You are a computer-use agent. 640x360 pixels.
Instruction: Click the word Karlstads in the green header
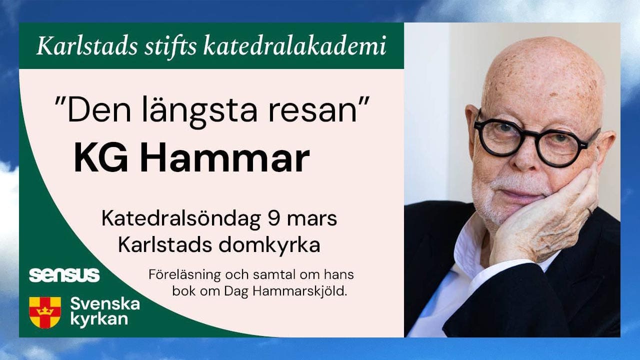pos(87,45)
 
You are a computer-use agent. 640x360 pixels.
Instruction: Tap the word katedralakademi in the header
pos(294,45)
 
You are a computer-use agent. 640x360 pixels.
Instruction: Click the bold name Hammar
pos(225,159)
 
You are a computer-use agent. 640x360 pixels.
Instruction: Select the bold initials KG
pos(101,159)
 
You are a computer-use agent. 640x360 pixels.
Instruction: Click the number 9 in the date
pos(273,218)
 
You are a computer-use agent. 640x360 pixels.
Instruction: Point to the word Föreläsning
pos(185,275)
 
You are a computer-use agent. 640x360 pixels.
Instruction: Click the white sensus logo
pos(64,275)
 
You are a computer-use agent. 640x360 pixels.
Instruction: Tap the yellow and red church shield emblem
pos(45,312)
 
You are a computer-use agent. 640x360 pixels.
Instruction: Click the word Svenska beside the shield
pos(105,304)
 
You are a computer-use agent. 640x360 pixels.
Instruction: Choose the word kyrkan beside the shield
pos(99,319)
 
